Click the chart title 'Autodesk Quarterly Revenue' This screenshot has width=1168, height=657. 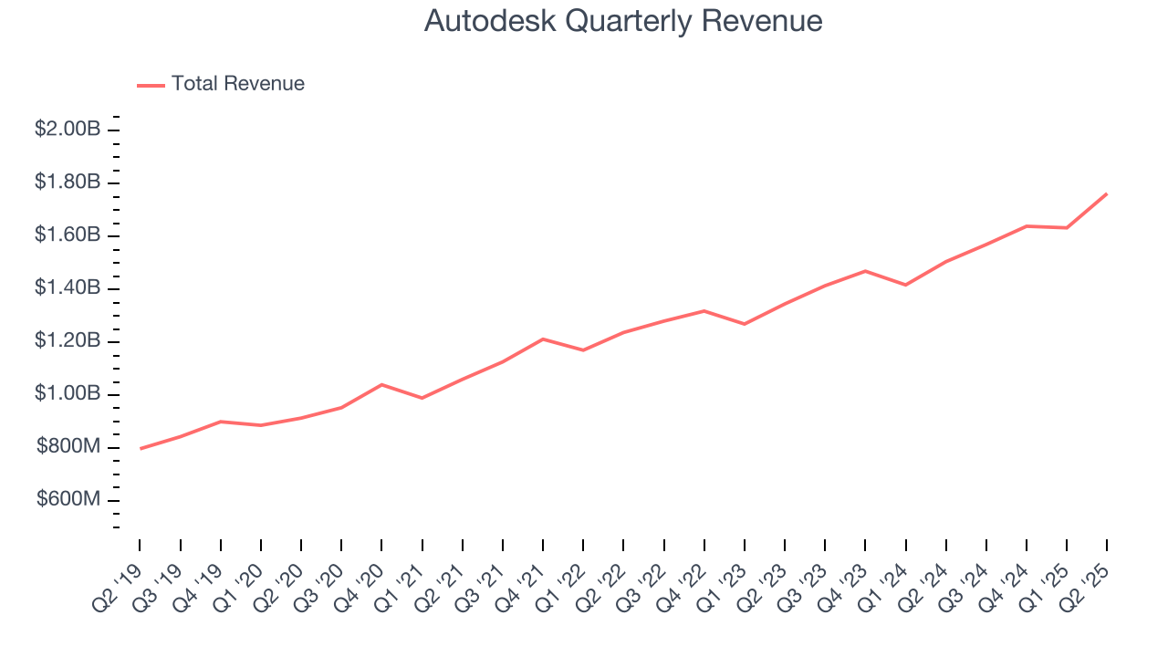623,21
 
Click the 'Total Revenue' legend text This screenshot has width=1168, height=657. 237,84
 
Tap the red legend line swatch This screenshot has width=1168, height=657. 151,85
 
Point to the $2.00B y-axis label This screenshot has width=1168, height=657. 67,130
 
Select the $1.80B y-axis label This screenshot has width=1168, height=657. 67,182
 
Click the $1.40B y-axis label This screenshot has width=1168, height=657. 67,288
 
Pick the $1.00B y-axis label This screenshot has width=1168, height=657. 67,394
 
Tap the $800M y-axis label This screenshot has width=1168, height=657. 68,447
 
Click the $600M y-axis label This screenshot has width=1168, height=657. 68,500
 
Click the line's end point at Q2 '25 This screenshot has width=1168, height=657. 1107,193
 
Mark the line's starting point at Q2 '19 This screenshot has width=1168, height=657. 141,448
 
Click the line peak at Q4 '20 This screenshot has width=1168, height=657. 381,384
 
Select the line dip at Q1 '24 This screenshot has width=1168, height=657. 905,285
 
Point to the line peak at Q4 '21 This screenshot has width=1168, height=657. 543,339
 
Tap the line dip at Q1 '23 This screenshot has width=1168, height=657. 745,324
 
